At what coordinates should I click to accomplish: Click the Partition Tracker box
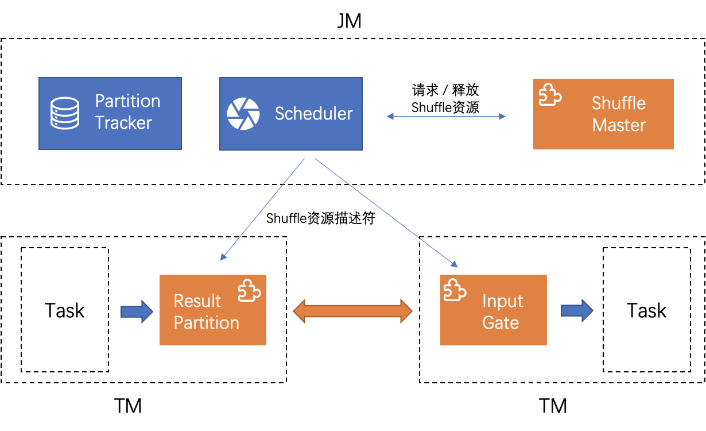(x=110, y=113)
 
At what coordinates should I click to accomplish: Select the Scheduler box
(x=290, y=113)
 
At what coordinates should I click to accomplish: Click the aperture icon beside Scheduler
(x=243, y=113)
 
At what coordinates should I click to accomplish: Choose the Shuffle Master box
(x=603, y=114)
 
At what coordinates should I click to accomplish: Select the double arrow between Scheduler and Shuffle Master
(x=446, y=116)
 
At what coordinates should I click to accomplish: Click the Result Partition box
(x=212, y=310)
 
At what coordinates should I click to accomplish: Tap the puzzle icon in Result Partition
(x=250, y=290)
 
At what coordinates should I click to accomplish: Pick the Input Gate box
(x=493, y=310)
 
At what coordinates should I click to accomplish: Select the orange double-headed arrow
(x=352, y=311)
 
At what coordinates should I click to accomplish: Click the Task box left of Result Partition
(x=65, y=310)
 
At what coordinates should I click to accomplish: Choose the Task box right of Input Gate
(x=646, y=310)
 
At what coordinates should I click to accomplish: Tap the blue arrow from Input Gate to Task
(x=576, y=310)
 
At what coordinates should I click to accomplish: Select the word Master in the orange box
(x=619, y=125)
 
